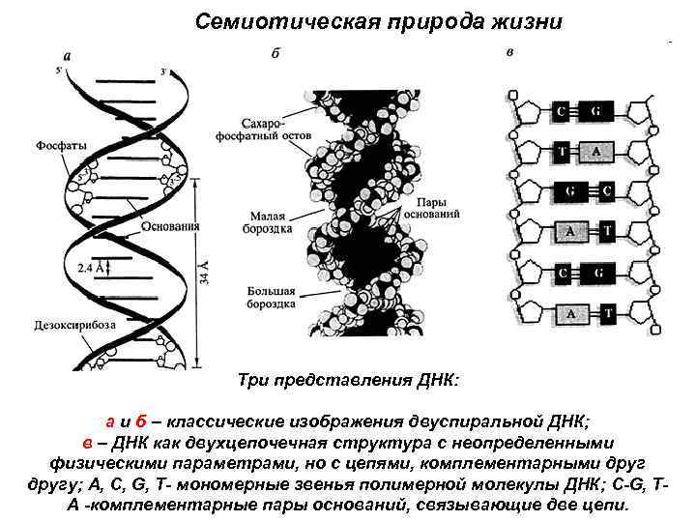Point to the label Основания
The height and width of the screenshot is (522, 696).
[170, 227]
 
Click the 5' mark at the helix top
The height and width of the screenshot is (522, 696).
[60, 70]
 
